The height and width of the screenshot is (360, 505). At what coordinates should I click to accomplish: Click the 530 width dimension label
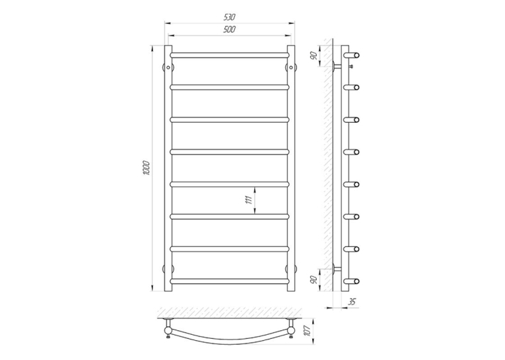click(230, 17)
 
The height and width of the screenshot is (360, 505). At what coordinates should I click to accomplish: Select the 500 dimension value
click(230, 30)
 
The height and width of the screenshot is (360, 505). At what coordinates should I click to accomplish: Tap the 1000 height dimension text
click(147, 168)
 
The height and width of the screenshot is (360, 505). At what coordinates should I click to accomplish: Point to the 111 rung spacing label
click(248, 200)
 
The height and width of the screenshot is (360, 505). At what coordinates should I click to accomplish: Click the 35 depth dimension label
click(352, 302)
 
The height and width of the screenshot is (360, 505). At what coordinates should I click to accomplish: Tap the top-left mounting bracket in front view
click(168, 67)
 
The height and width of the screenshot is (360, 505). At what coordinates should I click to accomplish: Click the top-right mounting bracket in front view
click(291, 67)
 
